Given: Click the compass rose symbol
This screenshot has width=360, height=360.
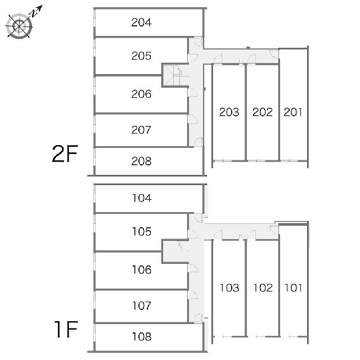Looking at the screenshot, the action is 19,26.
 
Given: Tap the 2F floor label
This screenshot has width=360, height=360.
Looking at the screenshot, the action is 65,154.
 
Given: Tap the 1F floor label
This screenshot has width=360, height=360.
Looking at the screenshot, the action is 66,329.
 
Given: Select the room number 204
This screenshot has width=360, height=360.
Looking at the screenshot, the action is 141,22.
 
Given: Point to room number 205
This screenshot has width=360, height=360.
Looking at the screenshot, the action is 141,56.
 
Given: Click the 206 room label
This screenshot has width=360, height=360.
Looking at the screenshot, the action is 141,94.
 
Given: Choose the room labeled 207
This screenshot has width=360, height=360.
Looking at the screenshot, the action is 141,130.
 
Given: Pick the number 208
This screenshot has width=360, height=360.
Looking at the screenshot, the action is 141,161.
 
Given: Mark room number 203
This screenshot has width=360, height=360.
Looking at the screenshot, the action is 229,112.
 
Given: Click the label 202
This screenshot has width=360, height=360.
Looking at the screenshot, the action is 263,112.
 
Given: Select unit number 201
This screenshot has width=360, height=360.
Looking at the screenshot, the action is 293,112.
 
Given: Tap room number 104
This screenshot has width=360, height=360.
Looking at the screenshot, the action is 142,198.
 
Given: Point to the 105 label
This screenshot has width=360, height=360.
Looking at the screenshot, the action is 142,231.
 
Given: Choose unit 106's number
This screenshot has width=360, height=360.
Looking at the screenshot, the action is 142,269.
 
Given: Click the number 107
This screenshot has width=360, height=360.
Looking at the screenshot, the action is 142,305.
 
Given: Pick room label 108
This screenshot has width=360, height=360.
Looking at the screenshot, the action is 142,336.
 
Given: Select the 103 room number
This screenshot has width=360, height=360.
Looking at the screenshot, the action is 229,287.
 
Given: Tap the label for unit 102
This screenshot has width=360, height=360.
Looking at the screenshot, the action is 263,287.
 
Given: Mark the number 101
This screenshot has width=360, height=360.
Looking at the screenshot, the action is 293,287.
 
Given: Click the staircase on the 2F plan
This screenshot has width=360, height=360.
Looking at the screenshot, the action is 175,75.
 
